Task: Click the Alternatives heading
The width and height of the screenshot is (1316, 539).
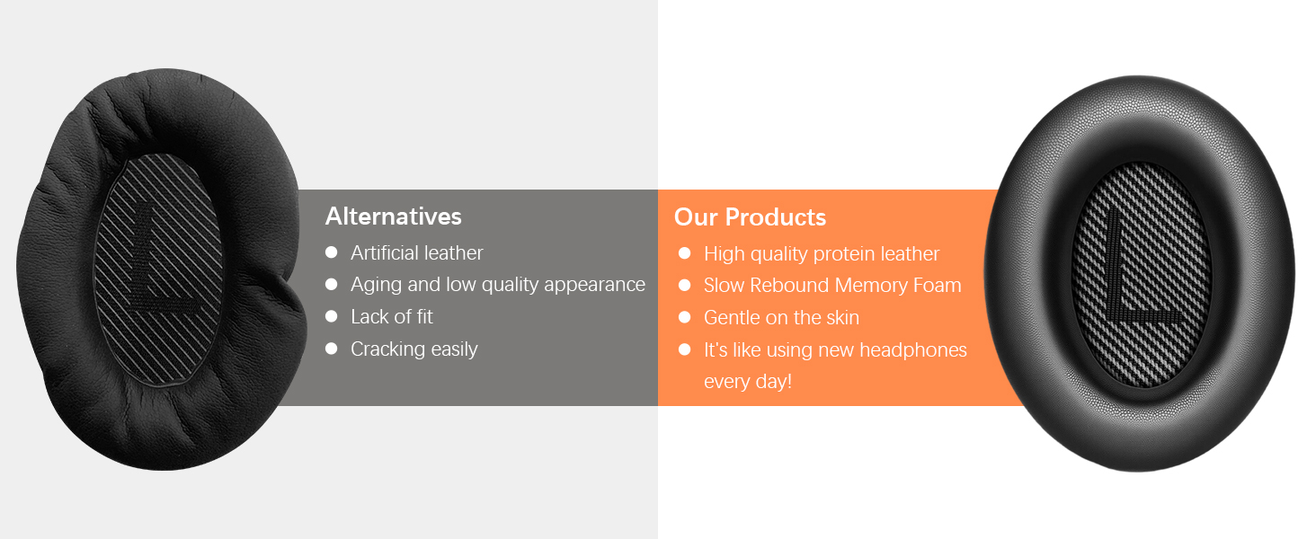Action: click(393, 216)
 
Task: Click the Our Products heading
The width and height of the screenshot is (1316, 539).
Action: click(750, 217)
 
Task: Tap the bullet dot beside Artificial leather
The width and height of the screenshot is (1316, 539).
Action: click(332, 252)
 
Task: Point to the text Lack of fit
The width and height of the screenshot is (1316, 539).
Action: click(391, 316)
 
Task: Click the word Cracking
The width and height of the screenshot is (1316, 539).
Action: click(387, 349)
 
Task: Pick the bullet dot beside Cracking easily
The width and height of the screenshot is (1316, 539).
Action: click(332, 349)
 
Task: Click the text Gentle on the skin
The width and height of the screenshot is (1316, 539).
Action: click(781, 318)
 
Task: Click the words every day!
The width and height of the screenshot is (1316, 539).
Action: click(748, 382)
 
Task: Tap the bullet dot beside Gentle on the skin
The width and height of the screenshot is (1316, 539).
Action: click(684, 317)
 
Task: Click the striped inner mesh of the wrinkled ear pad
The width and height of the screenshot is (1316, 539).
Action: click(158, 270)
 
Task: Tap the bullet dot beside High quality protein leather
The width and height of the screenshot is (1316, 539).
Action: click(684, 253)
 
